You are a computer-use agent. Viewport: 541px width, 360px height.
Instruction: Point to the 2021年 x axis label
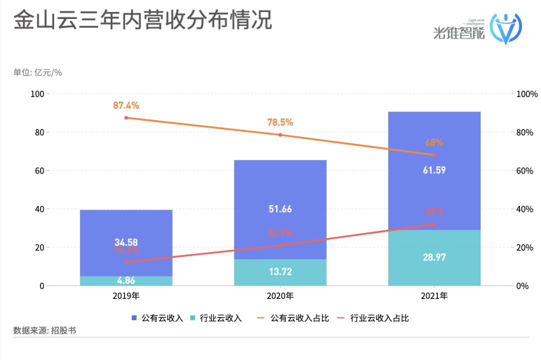coord(434,296)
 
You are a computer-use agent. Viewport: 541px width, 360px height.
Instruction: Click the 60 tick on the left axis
coord(38,171)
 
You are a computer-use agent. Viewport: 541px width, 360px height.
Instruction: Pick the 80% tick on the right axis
coord(527,133)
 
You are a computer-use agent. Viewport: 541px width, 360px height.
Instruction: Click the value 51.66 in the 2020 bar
coord(280,208)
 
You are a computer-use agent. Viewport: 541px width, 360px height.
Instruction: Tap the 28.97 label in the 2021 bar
coord(434,258)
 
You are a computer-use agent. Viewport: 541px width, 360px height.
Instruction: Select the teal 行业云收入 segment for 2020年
coord(280,272)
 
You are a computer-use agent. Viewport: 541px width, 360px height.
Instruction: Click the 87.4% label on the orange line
coord(126,106)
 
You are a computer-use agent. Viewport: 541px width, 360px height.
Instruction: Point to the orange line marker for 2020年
coord(280,135)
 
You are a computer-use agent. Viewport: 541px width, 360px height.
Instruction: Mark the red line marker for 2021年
coord(434,224)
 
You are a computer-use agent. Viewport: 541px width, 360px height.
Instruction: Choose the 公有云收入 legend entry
coord(157,318)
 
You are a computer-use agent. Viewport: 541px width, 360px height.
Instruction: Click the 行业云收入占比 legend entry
coord(373,318)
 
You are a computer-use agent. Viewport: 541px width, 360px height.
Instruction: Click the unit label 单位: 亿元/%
coord(38,73)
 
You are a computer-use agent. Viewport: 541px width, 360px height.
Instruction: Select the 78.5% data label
coord(280,123)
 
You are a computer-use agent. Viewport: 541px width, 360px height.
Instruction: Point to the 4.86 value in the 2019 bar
coord(126,280)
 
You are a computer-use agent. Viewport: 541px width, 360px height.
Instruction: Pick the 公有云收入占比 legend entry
coord(293,318)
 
